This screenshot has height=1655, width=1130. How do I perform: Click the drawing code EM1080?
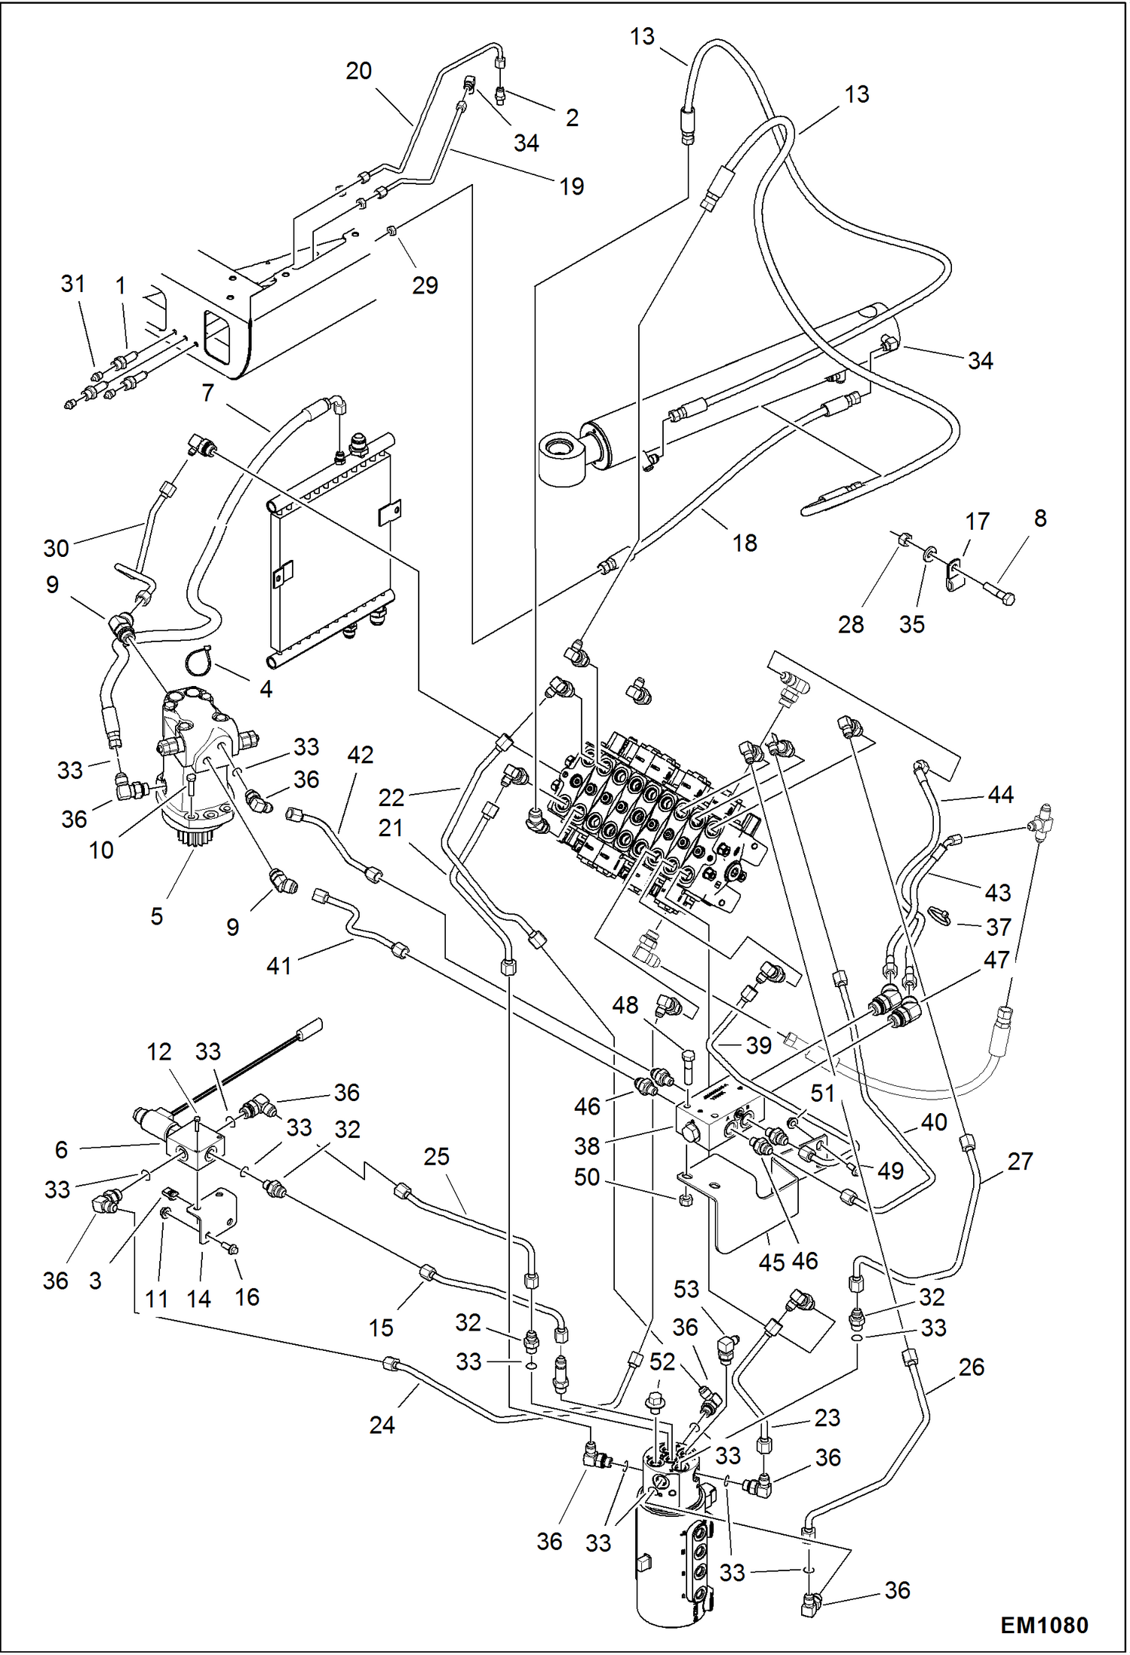tap(1043, 1625)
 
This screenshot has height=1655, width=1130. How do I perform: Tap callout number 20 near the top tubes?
tap(358, 71)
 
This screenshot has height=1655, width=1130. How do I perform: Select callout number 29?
tap(425, 285)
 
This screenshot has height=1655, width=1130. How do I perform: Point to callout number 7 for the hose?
tap(207, 392)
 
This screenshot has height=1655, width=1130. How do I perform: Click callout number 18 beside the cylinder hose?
tap(744, 543)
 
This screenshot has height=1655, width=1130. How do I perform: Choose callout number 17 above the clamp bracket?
tap(977, 521)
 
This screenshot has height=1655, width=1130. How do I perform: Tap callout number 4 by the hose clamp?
tap(266, 689)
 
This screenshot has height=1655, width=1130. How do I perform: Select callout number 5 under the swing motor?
tap(156, 916)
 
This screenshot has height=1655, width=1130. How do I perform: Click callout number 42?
tap(360, 755)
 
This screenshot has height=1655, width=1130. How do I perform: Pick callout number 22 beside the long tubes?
tap(391, 797)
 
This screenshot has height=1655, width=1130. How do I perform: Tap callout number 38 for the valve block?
tap(587, 1146)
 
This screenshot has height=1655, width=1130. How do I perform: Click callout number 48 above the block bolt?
tap(625, 1005)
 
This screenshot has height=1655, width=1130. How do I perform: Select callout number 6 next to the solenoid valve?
tap(61, 1149)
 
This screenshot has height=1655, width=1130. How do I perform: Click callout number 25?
tap(436, 1156)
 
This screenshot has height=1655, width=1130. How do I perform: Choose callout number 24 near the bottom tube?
tap(382, 1425)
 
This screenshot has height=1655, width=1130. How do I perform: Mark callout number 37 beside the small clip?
tap(998, 927)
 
